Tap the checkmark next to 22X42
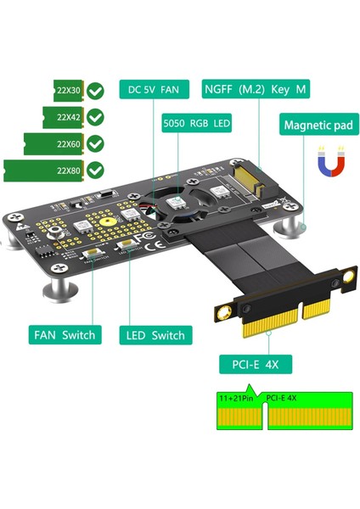tap(97, 116)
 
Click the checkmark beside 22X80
tap(97, 170)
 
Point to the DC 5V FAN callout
tap(155, 89)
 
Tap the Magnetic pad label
tap(318, 126)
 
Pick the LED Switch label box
tap(155, 334)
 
